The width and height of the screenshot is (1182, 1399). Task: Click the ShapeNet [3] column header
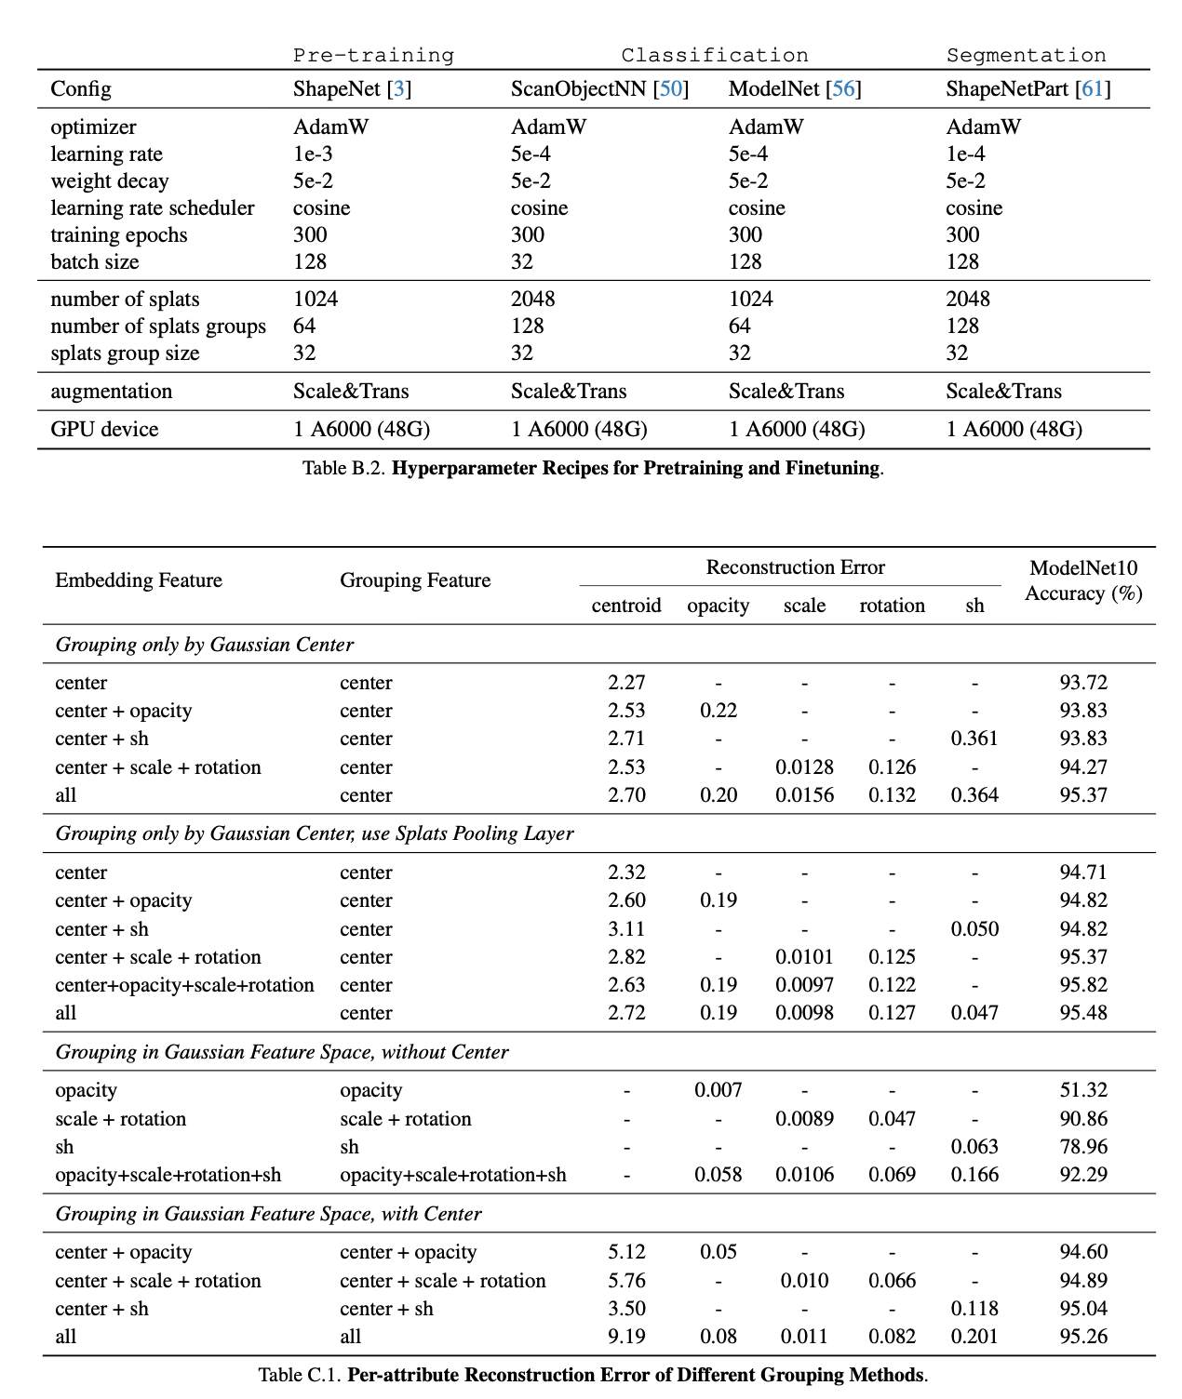pyautogui.click(x=352, y=89)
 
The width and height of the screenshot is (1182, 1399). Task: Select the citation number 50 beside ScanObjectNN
pyautogui.click(x=670, y=89)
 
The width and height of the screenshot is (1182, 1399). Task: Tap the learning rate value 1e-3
pyautogui.click(x=313, y=154)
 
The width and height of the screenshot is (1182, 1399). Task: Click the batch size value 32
pyautogui.click(x=522, y=262)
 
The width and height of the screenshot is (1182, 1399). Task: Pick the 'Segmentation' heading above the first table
pyautogui.click(x=1026, y=55)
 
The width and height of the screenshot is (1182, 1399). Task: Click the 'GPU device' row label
pyautogui.click(x=104, y=430)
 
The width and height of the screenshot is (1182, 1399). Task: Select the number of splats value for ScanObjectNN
pyautogui.click(x=532, y=300)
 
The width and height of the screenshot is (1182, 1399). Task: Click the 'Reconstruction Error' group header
pyautogui.click(x=795, y=567)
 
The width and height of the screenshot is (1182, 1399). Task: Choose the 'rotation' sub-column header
pyautogui.click(x=892, y=606)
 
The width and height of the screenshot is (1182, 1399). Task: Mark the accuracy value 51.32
pyautogui.click(x=1083, y=1090)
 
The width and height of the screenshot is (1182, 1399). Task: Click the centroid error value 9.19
pyautogui.click(x=626, y=1337)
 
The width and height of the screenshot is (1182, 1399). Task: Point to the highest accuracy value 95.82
pyautogui.click(x=1083, y=985)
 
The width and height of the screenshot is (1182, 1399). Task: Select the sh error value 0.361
pyautogui.click(x=974, y=739)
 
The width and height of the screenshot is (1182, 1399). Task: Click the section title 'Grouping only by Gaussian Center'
pyautogui.click(x=205, y=645)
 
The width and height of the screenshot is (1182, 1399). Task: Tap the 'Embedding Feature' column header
pyautogui.click(x=139, y=580)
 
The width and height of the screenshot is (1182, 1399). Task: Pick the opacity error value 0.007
pyautogui.click(x=718, y=1090)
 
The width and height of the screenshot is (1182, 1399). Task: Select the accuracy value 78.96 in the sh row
pyautogui.click(x=1083, y=1147)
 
